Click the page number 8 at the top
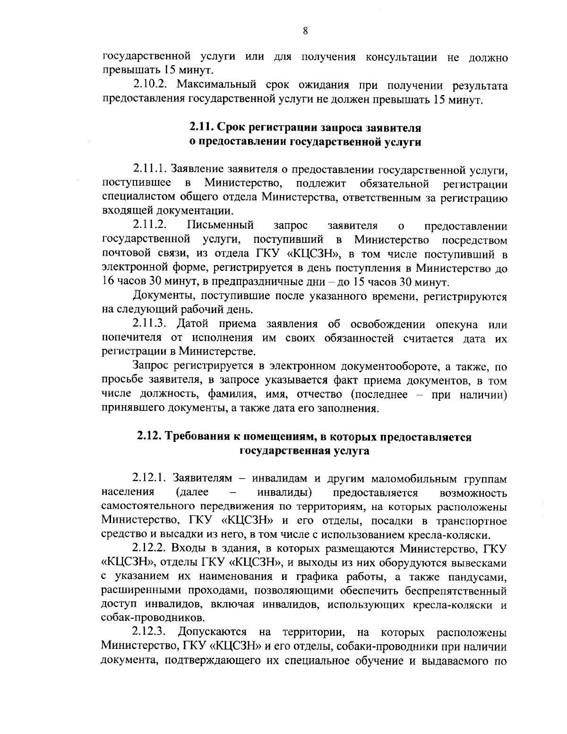pos(305,31)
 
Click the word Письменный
pos(221,224)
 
